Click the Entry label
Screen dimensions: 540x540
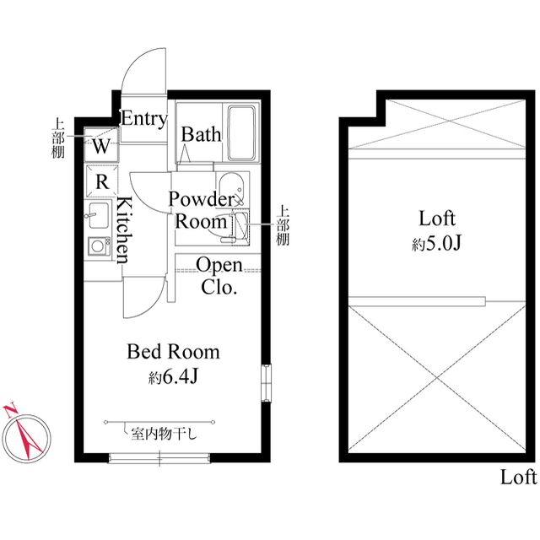click(144, 119)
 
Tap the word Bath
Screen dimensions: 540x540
click(201, 134)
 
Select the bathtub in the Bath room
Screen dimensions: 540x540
click(242, 133)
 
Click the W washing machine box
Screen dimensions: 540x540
click(101, 144)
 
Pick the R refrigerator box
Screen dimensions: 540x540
click(102, 181)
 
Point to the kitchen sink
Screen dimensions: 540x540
click(98, 215)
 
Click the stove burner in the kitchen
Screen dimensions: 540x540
click(99, 246)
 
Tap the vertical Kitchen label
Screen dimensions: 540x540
click(124, 230)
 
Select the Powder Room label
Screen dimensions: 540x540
click(201, 210)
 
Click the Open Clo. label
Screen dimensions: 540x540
click(219, 276)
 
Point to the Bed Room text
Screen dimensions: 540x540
click(173, 352)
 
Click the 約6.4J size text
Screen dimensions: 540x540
click(173, 378)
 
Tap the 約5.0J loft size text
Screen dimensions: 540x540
click(436, 244)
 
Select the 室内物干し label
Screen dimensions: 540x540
click(164, 435)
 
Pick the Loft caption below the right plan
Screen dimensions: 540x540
click(518, 478)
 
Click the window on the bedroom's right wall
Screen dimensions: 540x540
click(266, 383)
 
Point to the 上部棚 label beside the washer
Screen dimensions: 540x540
click(58, 138)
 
